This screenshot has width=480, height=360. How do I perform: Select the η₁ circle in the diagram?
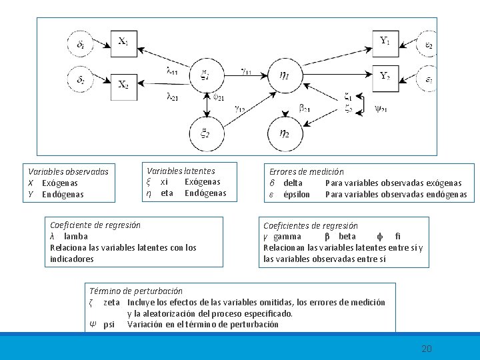point(284,75)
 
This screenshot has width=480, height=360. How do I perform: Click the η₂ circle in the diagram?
point(284,133)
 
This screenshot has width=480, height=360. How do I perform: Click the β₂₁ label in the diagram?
point(305,107)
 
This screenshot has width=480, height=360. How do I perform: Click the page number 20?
point(427,349)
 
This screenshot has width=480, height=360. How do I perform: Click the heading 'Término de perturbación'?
point(135,291)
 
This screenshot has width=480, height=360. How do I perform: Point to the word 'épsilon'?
point(297,195)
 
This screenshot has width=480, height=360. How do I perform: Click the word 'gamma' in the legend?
point(287,237)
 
